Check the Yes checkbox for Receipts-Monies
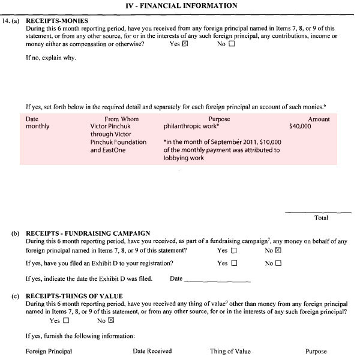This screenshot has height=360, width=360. tap(185, 44)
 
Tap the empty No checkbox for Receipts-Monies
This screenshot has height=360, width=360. tap(232, 44)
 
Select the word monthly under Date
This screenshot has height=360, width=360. tap(38, 127)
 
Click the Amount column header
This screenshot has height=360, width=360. tap(319, 119)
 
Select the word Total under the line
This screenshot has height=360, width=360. tap(321, 218)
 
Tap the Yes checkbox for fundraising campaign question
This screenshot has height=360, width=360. tap(234, 250)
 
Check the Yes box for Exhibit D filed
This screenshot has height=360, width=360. tap(234, 263)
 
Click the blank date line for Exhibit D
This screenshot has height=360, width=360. tap(217, 280)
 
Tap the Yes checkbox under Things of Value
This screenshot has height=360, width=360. tap(66, 320)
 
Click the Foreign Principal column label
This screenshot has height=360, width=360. tap(49, 352)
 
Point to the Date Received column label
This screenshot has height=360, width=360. tap(152, 351)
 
